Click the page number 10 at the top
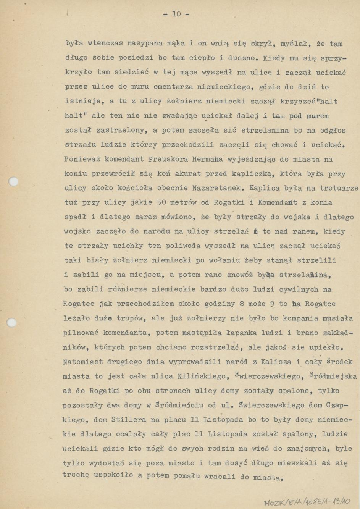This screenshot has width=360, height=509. pos(176,15)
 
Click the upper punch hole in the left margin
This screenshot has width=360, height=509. pos(13,181)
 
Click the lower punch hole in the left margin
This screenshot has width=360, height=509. pos(12,322)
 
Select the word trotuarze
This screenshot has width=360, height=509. pos(339,188)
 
